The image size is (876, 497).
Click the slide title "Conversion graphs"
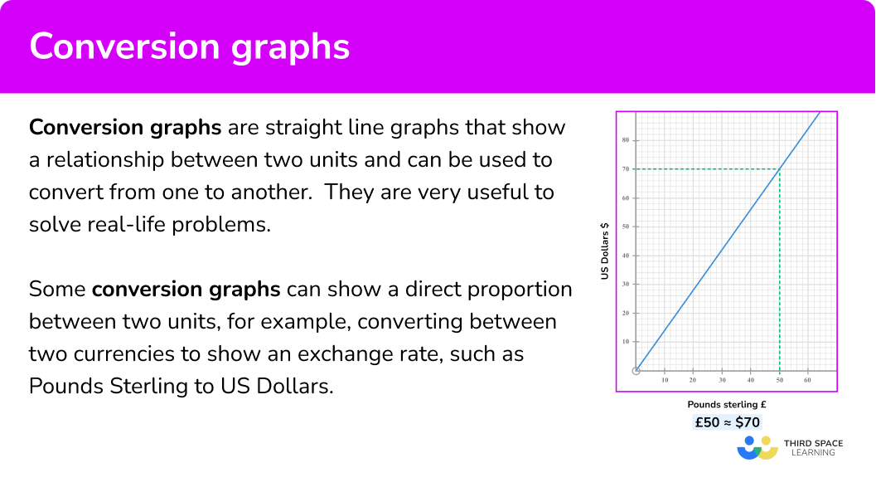click(190, 47)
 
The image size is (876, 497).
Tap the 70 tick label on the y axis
click(625, 168)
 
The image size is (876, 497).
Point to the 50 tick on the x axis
click(779, 380)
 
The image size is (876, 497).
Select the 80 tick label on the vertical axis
click(625, 140)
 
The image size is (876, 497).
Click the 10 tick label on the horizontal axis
click(665, 380)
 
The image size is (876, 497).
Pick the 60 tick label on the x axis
click(807, 380)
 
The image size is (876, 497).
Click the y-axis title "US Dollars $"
click(604, 251)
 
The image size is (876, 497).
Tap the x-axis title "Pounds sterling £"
click(726, 404)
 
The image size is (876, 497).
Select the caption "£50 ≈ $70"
click(727, 422)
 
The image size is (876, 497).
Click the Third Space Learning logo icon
click(757, 448)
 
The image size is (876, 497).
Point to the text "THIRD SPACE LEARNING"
click(813, 448)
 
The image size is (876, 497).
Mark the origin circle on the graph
click(636, 371)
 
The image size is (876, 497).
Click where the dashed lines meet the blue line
click(779, 168)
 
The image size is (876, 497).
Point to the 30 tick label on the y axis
click(625, 284)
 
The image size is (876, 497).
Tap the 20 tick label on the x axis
click(693, 380)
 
